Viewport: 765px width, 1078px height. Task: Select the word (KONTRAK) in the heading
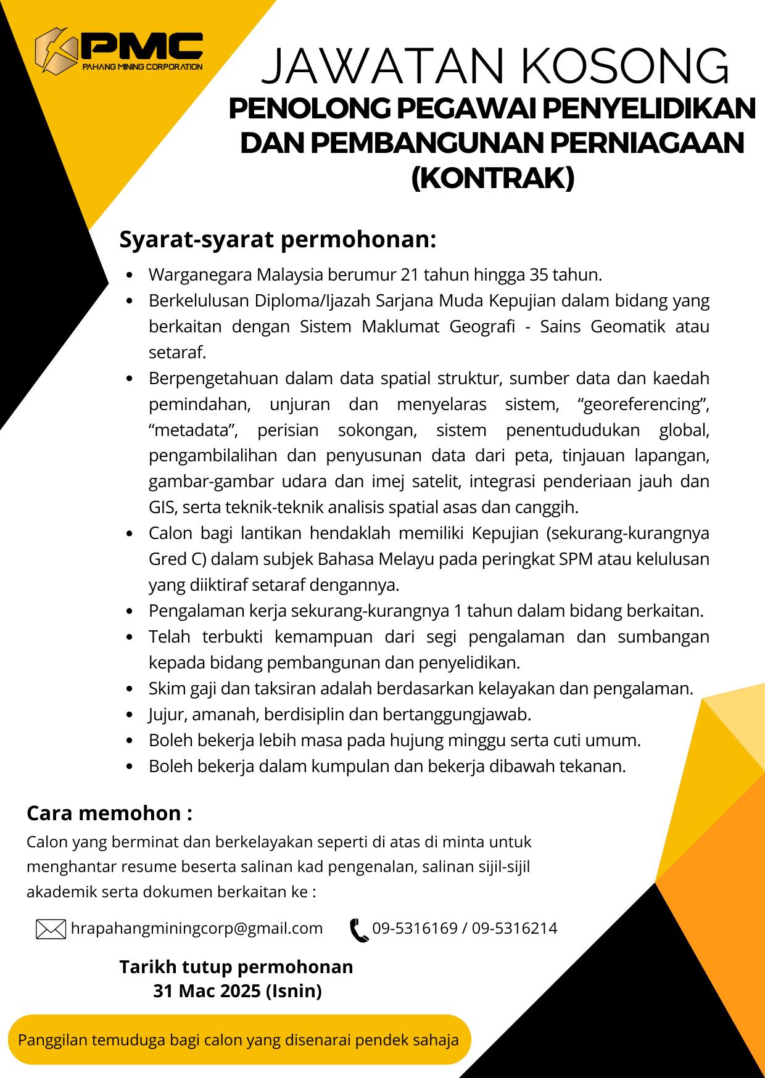click(x=492, y=179)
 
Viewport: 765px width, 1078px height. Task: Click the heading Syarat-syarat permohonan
click(x=278, y=240)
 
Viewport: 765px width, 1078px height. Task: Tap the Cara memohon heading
click(x=109, y=813)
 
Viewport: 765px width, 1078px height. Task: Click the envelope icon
click(x=51, y=929)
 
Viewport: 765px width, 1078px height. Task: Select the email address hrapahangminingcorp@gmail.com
click(x=197, y=928)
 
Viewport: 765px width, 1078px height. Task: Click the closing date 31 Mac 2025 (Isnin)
click(x=238, y=991)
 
